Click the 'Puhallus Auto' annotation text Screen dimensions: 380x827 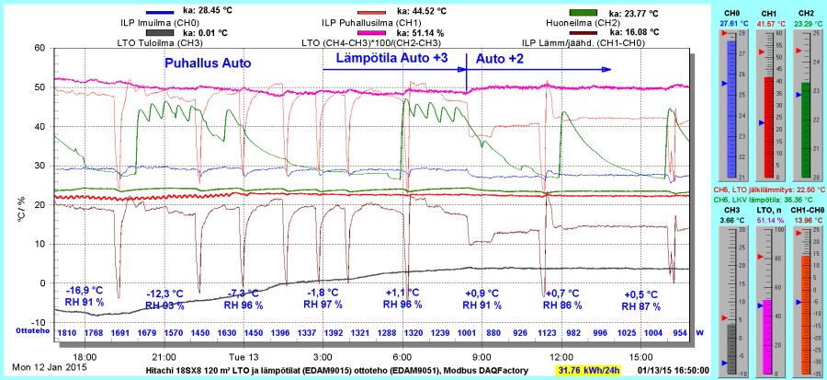[x=208, y=63]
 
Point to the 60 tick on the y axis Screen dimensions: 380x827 [x=39, y=48]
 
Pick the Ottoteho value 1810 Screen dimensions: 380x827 [x=67, y=332]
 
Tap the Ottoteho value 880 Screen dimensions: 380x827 [x=493, y=332]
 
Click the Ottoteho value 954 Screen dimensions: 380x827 [x=680, y=332]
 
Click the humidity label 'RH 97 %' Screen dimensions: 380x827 [x=324, y=305]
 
